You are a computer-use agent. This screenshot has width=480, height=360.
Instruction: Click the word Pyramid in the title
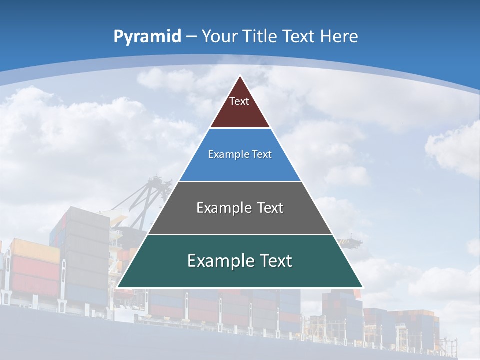[x=147, y=37]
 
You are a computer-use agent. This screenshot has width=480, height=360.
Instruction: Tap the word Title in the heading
[x=261, y=36]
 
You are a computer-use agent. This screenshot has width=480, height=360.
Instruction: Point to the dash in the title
[x=191, y=37]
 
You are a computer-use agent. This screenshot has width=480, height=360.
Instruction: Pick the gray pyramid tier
[x=240, y=220]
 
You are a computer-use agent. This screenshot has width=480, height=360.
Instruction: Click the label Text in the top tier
[x=239, y=101]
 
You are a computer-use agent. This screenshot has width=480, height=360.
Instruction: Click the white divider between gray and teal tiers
[x=240, y=234]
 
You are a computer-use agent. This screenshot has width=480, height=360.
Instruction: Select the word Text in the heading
[x=299, y=36]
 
